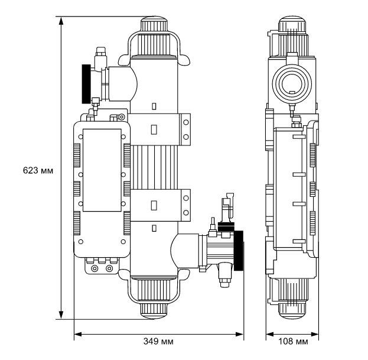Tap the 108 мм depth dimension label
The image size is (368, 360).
coord(294,342)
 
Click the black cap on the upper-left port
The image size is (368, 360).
coord(89,82)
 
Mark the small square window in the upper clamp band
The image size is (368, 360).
coord(154,129)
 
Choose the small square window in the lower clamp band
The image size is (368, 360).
coord(154,205)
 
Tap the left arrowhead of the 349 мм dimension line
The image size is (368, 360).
coord(76,335)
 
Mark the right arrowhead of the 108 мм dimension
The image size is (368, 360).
coord(320,335)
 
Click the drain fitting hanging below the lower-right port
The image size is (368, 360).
coord(225,274)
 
